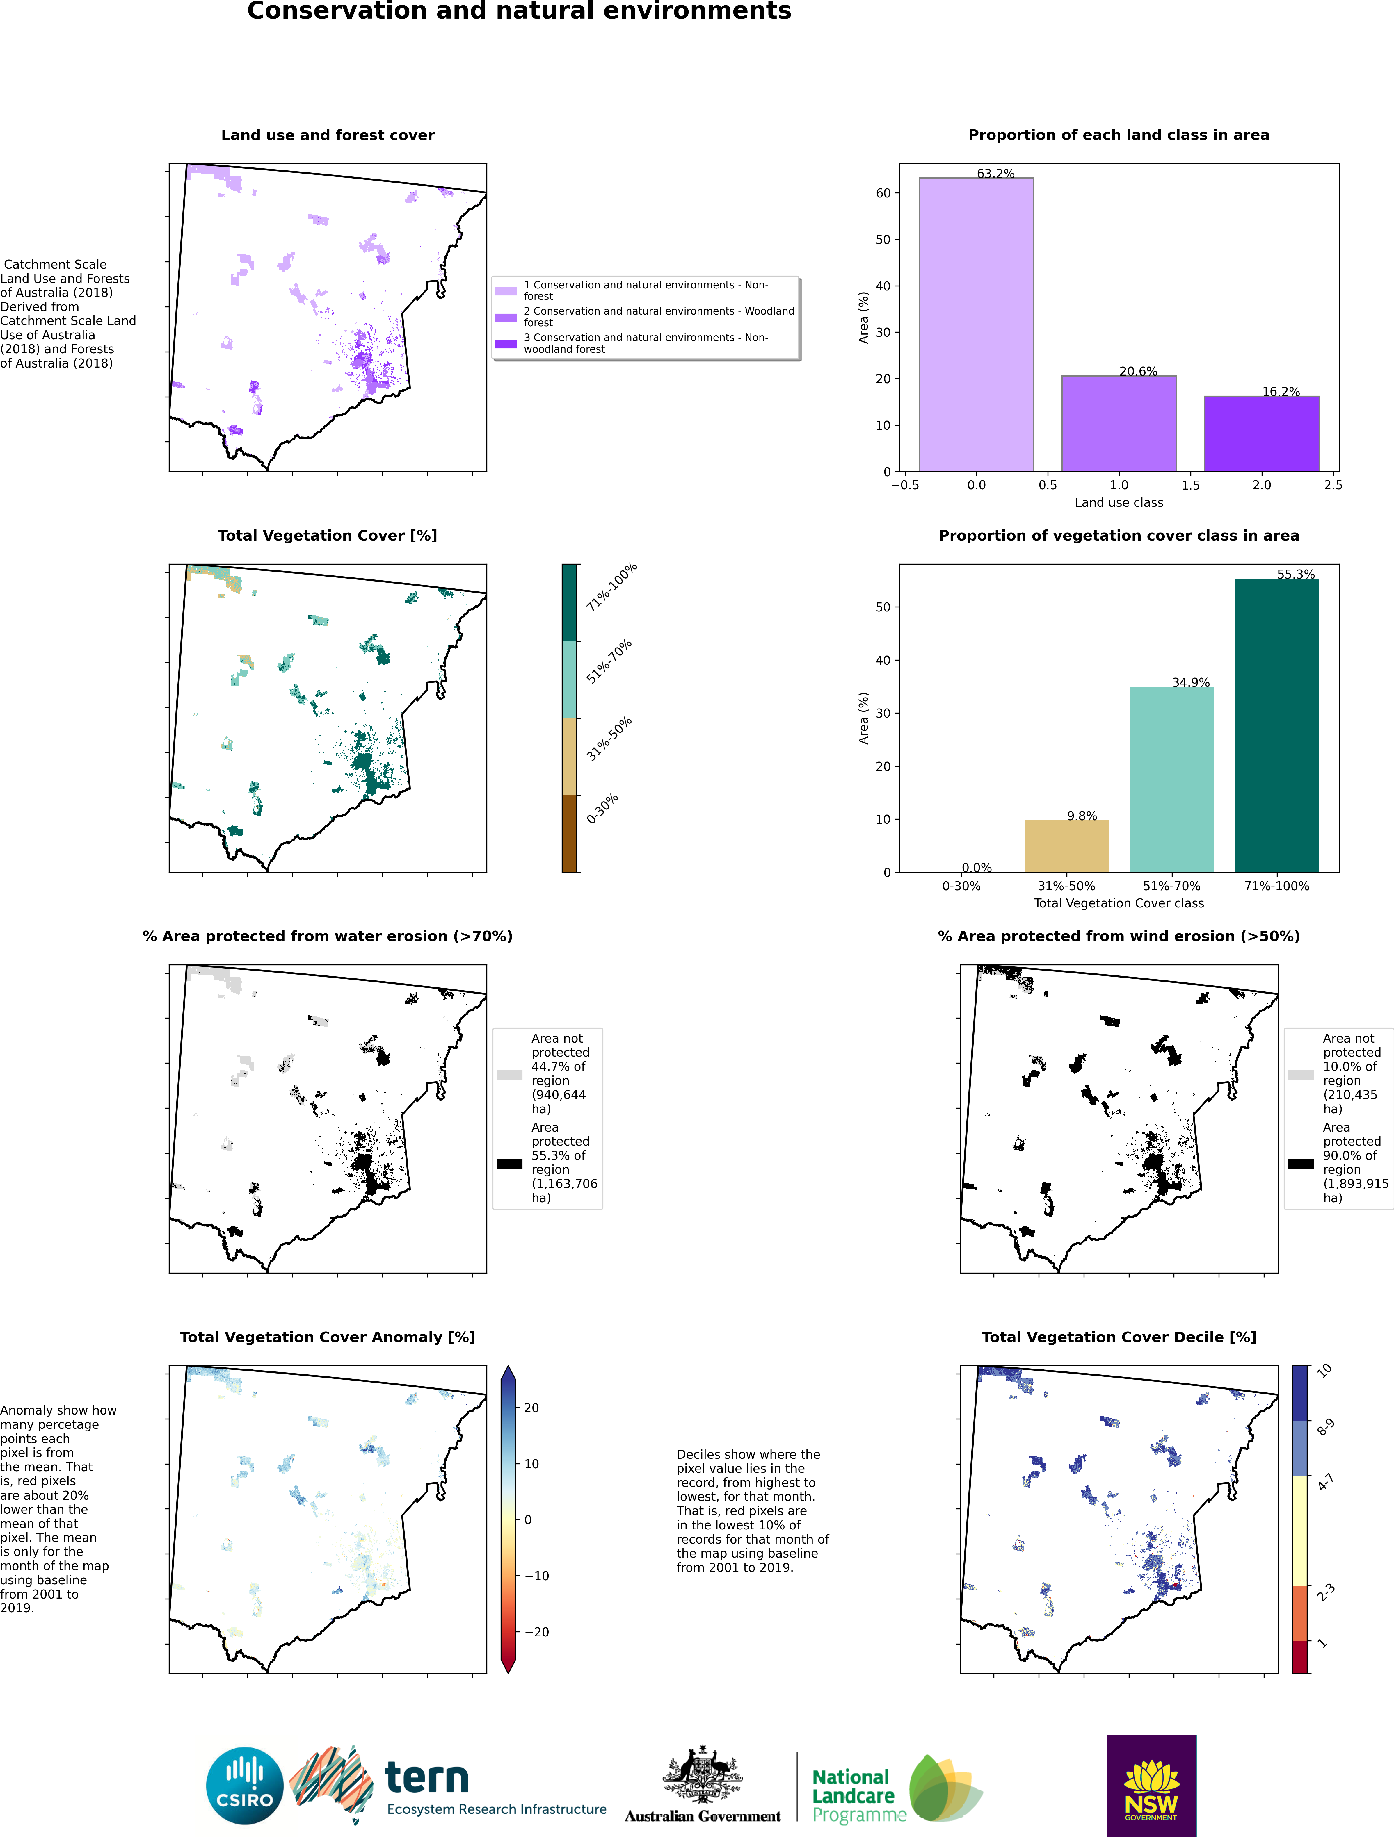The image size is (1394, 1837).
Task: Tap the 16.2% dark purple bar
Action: pyautogui.click(x=1261, y=434)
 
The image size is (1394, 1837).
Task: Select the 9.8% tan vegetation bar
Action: pyautogui.click(x=1066, y=846)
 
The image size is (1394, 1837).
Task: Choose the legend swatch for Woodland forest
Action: pyautogui.click(x=506, y=317)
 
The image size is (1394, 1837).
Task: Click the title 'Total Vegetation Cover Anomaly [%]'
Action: pyautogui.click(x=327, y=1337)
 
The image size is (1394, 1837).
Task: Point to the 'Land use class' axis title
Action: pyautogui.click(x=1118, y=502)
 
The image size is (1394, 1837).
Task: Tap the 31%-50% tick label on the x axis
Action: pyautogui.click(x=1066, y=886)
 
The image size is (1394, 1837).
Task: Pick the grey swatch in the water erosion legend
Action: pyautogui.click(x=509, y=1075)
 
